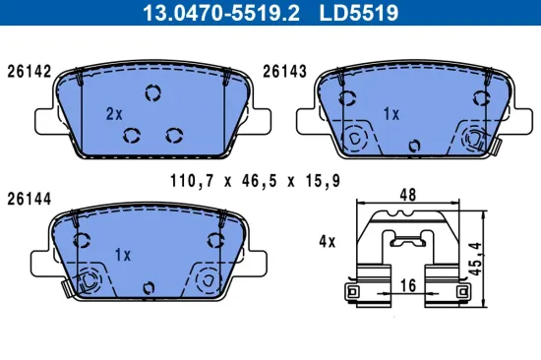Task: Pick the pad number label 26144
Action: click(29, 197)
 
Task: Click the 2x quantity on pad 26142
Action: click(114, 114)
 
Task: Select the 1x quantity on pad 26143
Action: click(391, 114)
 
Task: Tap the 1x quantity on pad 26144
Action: click(123, 255)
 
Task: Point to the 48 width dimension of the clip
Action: click(406, 196)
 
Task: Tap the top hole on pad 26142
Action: click(152, 94)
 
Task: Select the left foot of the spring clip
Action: click(352, 293)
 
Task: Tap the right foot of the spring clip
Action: click(459, 293)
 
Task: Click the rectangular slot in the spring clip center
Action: click(406, 240)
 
